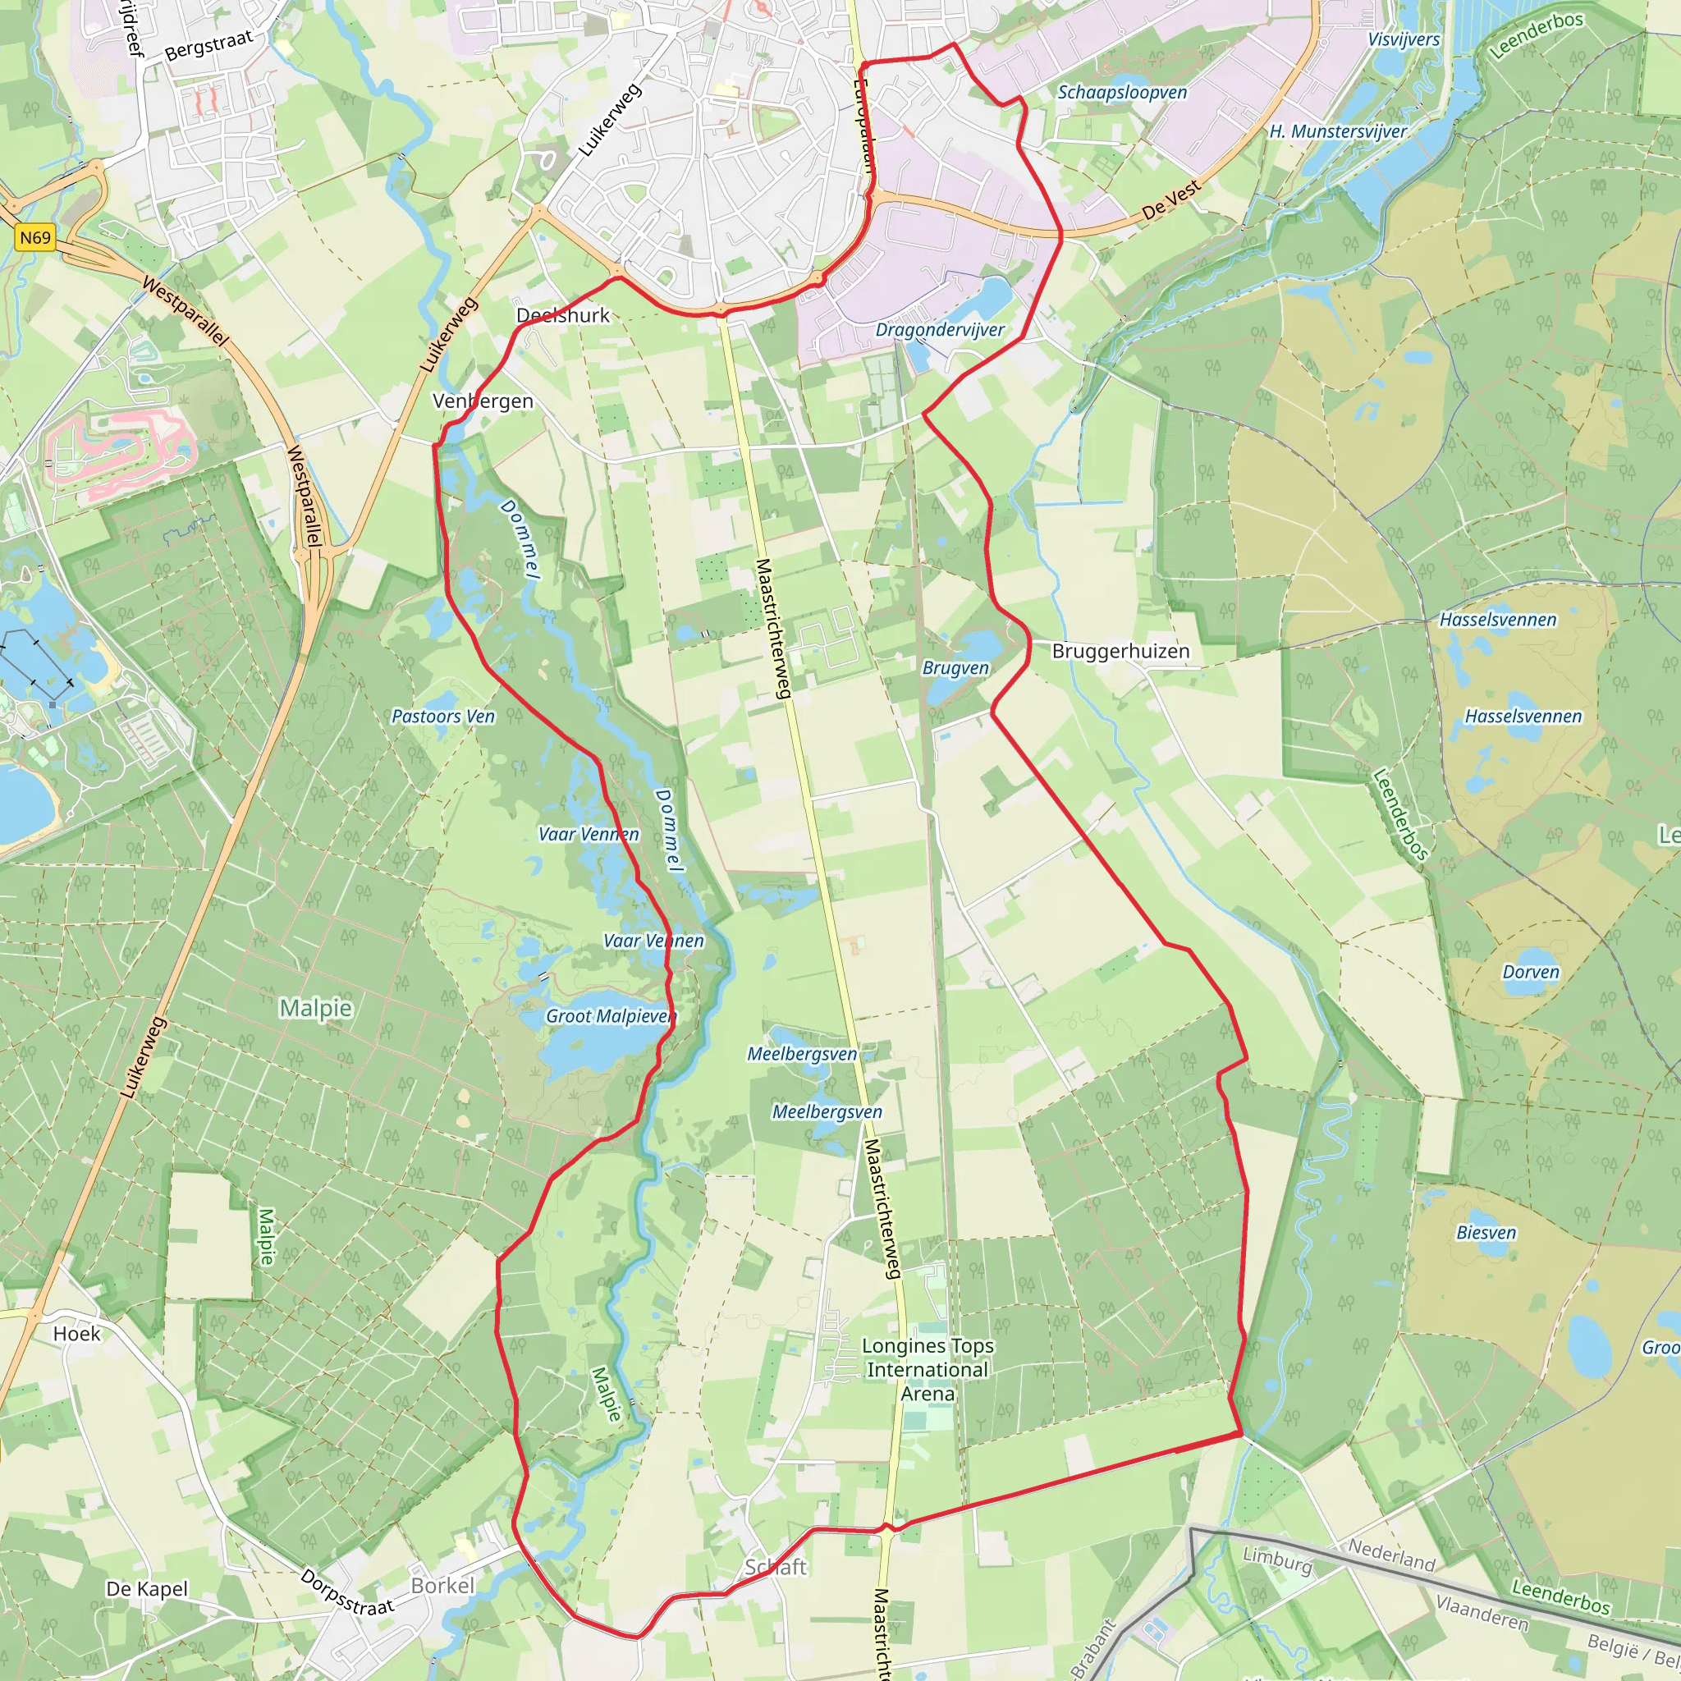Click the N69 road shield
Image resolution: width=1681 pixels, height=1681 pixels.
point(35,237)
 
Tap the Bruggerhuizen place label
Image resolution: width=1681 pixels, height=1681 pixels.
point(1120,651)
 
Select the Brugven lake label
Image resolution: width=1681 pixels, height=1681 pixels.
point(955,668)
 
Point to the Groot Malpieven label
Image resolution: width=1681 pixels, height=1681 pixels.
point(611,1016)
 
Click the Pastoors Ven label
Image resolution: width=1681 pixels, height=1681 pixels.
point(443,716)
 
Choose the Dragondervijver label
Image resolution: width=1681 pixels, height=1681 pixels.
point(940,330)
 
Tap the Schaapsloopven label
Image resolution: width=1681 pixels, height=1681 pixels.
point(1121,92)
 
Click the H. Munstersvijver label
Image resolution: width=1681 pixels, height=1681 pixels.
point(1337,131)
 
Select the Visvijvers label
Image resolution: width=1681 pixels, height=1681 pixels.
point(1404,39)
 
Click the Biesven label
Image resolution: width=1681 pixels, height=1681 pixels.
point(1486,1233)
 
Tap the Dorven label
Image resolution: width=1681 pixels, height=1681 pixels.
point(1531,972)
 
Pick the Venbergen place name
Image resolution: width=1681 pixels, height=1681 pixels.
point(483,401)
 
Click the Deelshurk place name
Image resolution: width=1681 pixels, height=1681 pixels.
point(563,315)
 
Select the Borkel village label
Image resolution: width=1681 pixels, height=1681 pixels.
point(443,1585)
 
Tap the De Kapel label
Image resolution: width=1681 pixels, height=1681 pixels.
point(146,1589)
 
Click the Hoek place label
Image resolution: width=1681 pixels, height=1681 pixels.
point(76,1334)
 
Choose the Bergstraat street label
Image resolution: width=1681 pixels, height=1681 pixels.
point(208,45)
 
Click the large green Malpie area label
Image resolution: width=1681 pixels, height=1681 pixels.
point(315,1009)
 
